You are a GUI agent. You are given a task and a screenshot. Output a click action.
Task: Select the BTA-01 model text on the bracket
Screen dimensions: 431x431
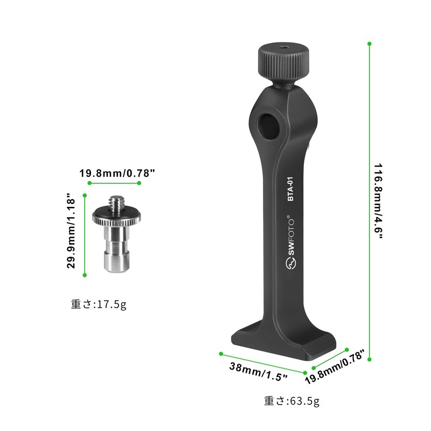(x=290, y=189)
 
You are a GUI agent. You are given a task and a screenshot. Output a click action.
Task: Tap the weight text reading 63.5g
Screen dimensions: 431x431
(x=291, y=401)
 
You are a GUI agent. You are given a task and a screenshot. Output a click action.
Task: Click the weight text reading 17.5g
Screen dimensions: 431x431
(x=99, y=304)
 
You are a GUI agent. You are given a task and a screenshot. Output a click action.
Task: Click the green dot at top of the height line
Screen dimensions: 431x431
(x=369, y=43)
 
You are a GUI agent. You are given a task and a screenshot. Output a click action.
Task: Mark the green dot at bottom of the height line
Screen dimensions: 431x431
(x=369, y=358)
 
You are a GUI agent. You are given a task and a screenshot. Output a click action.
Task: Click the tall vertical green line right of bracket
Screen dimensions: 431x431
(x=369, y=199)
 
